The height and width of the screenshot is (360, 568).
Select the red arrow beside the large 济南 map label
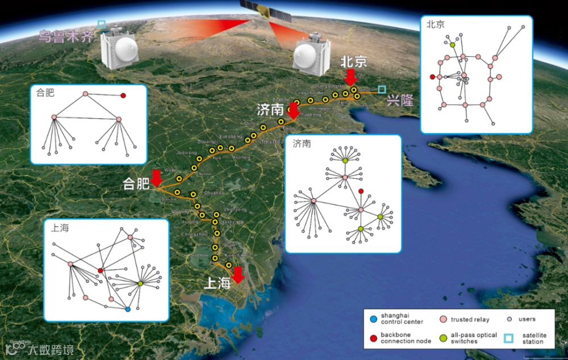pyautogui.click(x=293, y=111)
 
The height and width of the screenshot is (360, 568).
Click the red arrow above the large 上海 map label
pyautogui.click(x=238, y=275)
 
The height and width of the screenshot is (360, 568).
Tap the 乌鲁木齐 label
pyautogui.click(x=64, y=37)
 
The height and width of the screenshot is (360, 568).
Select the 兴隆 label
pyautogui.click(x=399, y=101)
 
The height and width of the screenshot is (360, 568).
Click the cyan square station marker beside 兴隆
pyautogui.click(x=382, y=89)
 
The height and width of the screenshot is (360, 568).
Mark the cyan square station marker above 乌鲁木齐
pyautogui.click(x=102, y=24)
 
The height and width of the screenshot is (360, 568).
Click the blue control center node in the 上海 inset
pyautogui.click(x=128, y=309)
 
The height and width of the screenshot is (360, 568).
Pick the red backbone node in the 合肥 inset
pyautogui.click(x=123, y=95)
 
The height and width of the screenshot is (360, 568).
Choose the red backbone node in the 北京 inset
pyautogui.click(x=433, y=77)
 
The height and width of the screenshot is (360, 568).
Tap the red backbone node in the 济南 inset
pyautogui.click(x=361, y=191)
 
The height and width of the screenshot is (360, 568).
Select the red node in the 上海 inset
pyautogui.click(x=101, y=271)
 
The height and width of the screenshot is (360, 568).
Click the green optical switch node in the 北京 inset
pyautogui.click(x=452, y=44)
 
